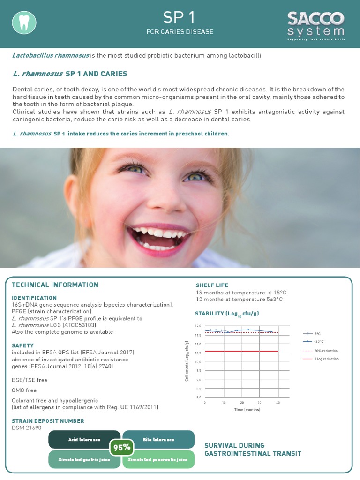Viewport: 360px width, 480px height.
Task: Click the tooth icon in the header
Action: tap(24, 22)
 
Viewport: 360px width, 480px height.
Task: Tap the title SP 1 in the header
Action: tap(179, 18)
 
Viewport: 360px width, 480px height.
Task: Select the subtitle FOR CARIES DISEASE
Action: tap(180, 32)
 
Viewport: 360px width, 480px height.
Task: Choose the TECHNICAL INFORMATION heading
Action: tap(55, 285)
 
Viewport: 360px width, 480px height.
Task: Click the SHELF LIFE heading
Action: tap(212, 285)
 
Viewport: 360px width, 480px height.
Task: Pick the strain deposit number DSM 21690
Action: tap(27, 427)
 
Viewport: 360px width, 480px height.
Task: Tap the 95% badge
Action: tap(122, 448)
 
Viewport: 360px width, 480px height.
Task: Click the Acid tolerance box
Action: tap(84, 440)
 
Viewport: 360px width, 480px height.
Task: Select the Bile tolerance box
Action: tap(158, 440)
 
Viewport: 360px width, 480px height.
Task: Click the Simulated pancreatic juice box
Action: tap(158, 459)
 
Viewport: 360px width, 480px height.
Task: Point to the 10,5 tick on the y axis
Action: tap(198, 353)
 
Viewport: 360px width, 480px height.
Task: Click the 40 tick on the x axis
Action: tap(278, 403)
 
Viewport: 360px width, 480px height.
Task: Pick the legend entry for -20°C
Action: tap(318, 342)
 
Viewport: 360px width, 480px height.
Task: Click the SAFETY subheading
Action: tap(22, 345)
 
